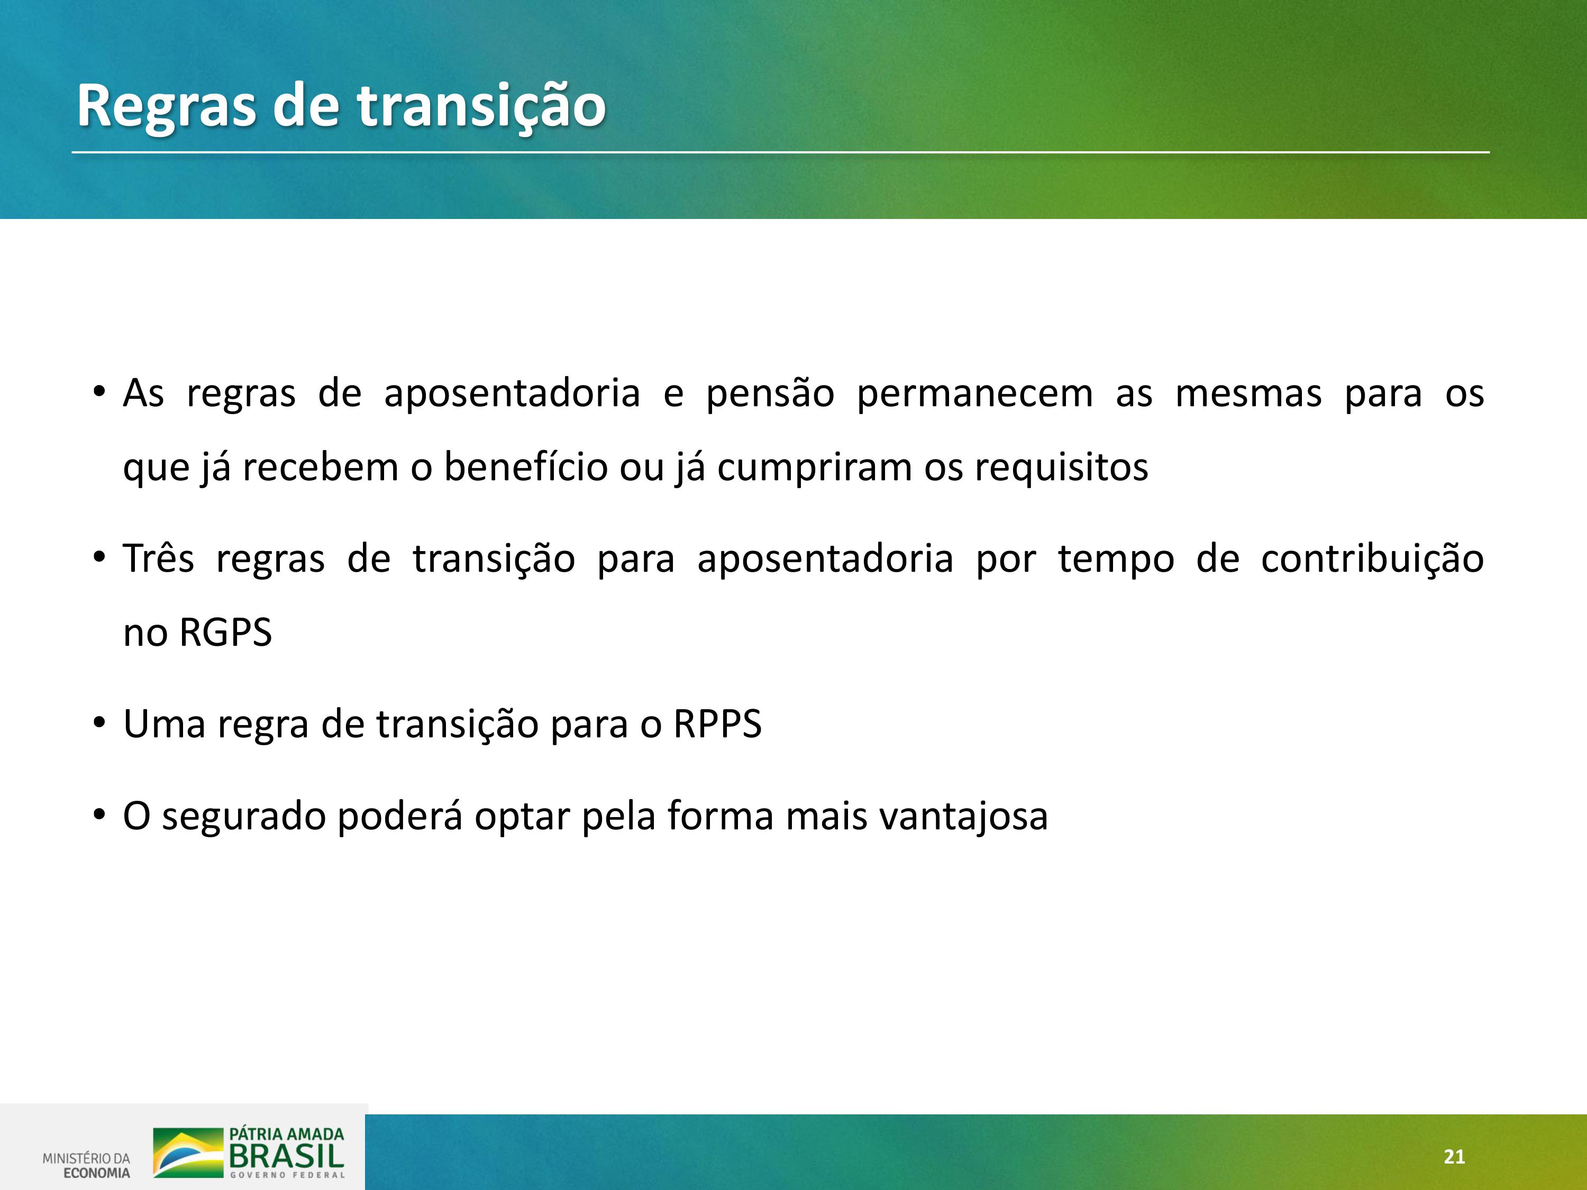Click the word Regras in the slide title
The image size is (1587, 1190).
(x=167, y=107)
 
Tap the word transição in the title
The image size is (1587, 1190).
(x=481, y=107)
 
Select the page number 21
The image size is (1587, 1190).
(x=1454, y=1156)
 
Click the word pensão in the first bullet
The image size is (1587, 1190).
(x=770, y=393)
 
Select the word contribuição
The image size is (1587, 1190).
(x=1372, y=560)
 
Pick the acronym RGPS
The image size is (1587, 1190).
(x=225, y=633)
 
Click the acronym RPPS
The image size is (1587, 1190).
(x=717, y=724)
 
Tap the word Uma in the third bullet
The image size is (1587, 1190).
(x=165, y=724)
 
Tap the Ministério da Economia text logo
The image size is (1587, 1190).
(x=87, y=1166)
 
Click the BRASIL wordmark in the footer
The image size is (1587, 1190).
(x=286, y=1156)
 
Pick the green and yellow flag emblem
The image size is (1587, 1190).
(x=188, y=1152)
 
